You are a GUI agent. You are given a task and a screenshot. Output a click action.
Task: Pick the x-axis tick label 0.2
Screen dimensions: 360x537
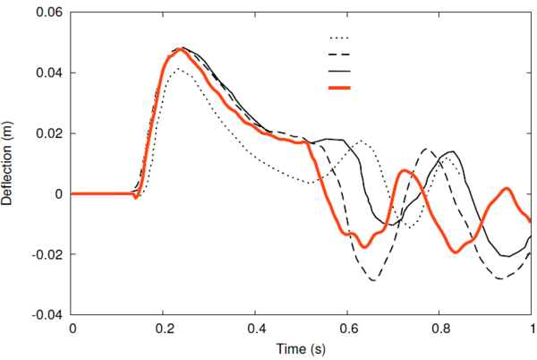pyautogui.click(x=164, y=330)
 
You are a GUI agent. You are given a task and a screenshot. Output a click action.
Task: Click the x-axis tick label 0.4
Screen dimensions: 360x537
pyautogui.click(x=256, y=330)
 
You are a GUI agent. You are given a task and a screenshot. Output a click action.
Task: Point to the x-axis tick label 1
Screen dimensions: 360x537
pyautogui.click(x=533, y=330)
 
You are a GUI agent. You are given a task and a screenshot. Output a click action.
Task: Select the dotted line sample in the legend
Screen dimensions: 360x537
pyautogui.click(x=339, y=39)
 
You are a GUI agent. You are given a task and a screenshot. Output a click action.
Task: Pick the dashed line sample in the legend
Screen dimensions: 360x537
pyautogui.click(x=339, y=55)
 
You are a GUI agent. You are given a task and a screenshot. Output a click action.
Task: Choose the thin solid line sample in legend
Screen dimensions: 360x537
pyautogui.click(x=339, y=71)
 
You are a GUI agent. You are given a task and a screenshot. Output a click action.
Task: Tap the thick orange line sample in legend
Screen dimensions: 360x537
pyautogui.click(x=339, y=88)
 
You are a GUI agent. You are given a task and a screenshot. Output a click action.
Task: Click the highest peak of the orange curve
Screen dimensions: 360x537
pyautogui.click(x=181, y=48)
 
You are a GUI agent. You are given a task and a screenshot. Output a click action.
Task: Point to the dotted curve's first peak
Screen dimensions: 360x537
pyautogui.click(x=180, y=69)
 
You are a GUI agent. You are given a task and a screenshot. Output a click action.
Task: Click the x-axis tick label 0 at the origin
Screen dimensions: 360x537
pyautogui.click(x=72, y=330)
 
